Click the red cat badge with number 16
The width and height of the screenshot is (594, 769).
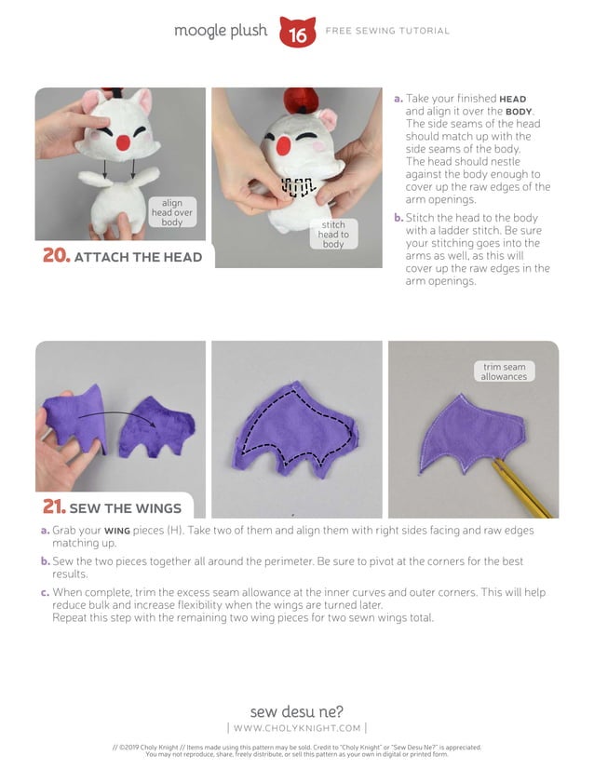click(297, 33)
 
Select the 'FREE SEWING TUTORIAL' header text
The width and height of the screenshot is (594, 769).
click(387, 31)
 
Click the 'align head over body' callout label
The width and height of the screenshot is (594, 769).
click(172, 212)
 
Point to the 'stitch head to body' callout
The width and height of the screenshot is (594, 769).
click(333, 235)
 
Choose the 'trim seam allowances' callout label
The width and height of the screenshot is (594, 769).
click(504, 371)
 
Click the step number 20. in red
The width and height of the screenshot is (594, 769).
click(56, 256)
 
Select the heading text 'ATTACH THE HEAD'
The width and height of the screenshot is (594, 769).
click(138, 257)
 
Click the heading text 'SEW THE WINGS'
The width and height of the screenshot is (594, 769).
click(125, 508)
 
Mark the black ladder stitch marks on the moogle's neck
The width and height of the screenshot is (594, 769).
click(295, 186)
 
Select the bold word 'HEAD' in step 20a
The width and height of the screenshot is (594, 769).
click(513, 99)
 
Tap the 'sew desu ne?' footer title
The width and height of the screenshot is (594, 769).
click(297, 711)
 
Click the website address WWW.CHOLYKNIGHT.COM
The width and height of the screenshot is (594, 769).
click(297, 727)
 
